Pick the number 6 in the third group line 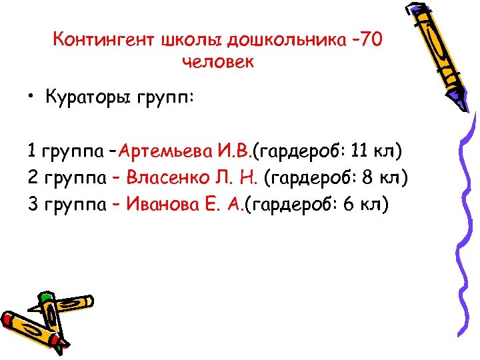349,203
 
